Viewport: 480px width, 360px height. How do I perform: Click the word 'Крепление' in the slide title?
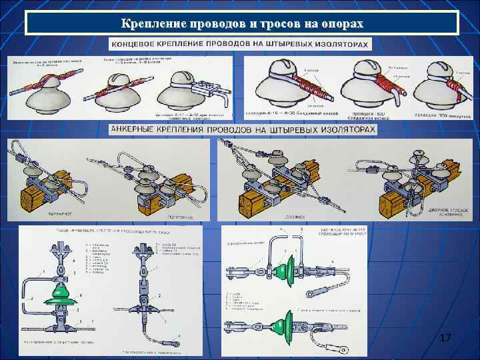151,24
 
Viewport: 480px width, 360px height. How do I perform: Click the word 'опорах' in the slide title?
341,24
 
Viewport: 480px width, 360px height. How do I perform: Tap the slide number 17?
445,339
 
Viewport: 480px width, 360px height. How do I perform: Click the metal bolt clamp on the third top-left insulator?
203,88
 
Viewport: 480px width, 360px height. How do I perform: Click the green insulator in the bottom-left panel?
59,297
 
